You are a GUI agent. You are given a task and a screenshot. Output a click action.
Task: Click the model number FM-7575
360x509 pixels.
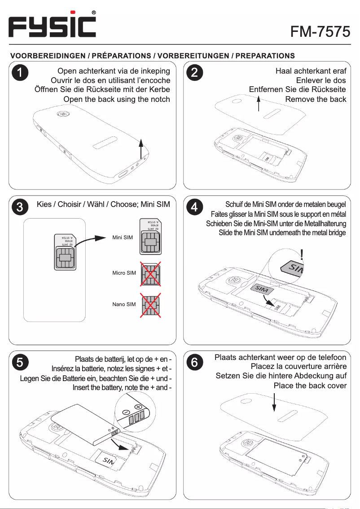[320, 31]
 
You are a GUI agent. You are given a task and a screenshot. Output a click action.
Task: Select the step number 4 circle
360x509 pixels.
[194, 207]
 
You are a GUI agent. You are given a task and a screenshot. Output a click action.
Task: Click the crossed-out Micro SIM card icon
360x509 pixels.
[150, 273]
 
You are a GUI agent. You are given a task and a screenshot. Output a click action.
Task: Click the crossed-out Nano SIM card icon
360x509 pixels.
[150, 304]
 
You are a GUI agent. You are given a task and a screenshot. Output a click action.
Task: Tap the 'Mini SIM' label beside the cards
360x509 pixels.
[123, 237]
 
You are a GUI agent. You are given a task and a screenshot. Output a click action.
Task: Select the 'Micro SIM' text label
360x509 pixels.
[124, 273]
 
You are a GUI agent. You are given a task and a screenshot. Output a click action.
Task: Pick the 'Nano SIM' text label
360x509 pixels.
[124, 304]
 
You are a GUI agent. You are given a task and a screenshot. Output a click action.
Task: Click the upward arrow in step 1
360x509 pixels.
[140, 149]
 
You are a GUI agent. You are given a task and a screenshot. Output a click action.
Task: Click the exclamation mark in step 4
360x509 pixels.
[304, 255]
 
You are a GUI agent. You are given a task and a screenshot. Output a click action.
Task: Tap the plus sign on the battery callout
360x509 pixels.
[138, 407]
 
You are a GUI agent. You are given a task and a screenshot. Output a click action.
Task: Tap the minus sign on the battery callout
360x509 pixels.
[127, 413]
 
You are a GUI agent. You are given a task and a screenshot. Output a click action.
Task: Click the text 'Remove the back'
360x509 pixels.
[316, 99]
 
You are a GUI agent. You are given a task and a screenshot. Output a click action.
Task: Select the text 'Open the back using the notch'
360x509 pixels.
[117, 99]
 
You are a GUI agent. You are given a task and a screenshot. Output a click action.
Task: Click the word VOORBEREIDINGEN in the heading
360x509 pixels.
[49, 56]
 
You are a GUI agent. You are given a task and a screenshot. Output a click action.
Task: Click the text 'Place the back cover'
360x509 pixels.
[310, 386]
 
